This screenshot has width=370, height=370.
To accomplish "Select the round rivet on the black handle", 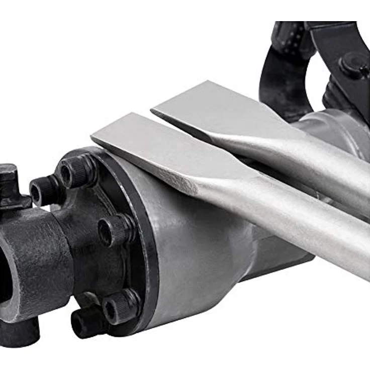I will [x=351, y=64].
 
